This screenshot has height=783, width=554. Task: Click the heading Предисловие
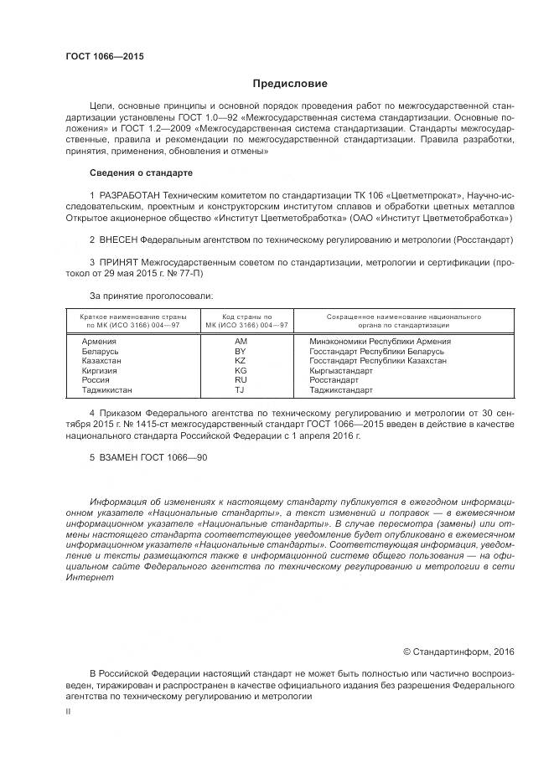pos(291,84)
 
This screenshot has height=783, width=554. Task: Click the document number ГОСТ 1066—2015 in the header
pos(105,56)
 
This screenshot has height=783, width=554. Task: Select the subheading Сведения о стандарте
pos(141,173)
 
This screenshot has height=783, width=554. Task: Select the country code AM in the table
pos(241,343)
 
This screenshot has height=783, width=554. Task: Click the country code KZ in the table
pos(241,361)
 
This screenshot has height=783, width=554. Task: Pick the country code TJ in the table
pos(241,389)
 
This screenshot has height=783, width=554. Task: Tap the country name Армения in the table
pos(99,343)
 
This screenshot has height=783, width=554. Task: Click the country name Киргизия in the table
pos(100,370)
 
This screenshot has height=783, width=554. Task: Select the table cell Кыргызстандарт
pos(344,370)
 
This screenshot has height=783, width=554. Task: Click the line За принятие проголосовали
pos(151,296)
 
